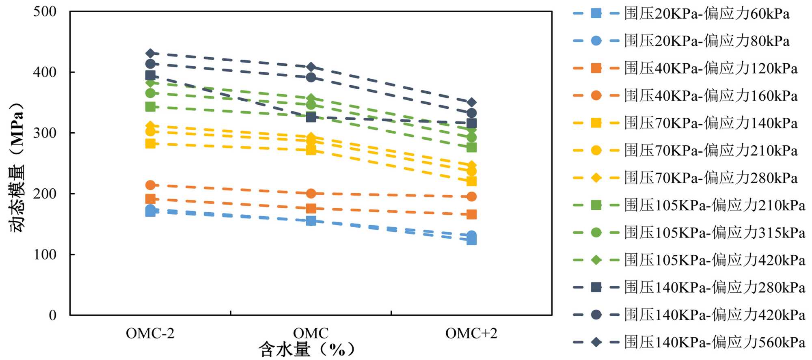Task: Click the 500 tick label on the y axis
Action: coord(45,12)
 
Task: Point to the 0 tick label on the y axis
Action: coord(52,315)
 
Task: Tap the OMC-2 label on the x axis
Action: coord(150,334)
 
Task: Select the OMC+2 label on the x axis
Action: coord(471,334)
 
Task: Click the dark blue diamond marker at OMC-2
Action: coord(150,53)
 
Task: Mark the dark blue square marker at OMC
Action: coord(311,117)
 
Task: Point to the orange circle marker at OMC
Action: coord(311,194)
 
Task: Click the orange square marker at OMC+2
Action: coord(471,214)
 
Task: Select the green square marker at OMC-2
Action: coord(150,107)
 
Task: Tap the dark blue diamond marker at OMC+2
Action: coord(471,102)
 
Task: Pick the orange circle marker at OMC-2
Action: coord(150,185)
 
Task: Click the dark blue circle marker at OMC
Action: coord(311,78)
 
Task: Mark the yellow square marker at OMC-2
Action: coord(150,143)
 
